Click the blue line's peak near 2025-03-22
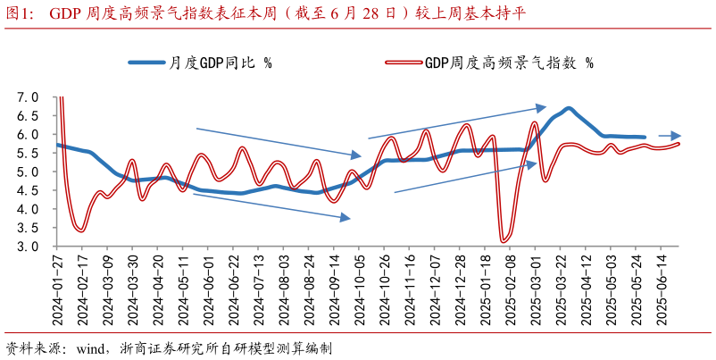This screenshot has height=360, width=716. [568, 108]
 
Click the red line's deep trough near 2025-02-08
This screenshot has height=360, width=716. [504, 240]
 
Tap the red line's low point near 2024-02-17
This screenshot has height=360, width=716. [80, 230]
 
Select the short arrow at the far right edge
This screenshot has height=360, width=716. [670, 136]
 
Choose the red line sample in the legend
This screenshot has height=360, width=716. [402, 63]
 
